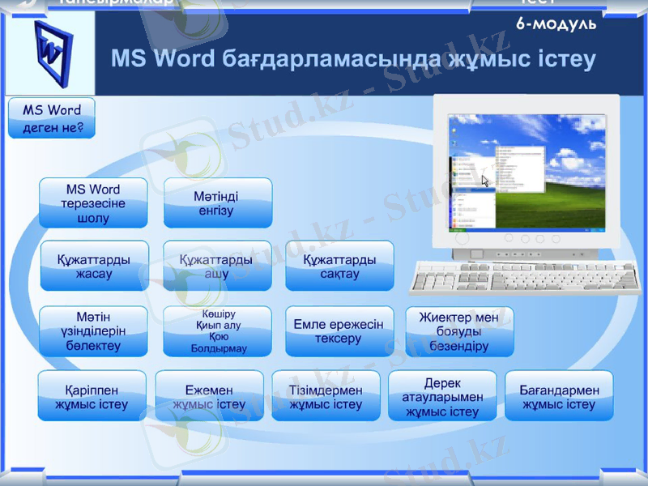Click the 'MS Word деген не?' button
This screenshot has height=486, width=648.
(52, 118)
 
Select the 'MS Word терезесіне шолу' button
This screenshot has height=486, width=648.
(93, 202)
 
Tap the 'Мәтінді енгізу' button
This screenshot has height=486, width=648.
(218, 202)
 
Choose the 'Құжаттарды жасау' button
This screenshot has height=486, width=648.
(94, 266)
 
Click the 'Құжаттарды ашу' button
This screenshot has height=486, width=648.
(216, 266)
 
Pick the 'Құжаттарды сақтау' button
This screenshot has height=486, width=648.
(339, 266)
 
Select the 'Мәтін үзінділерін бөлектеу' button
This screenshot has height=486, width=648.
(93, 330)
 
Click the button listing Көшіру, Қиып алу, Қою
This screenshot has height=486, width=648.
(216, 330)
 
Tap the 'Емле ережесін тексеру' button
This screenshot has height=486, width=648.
(339, 330)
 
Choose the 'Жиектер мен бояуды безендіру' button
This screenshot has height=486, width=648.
(459, 330)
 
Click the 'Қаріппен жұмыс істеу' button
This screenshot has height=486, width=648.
(92, 396)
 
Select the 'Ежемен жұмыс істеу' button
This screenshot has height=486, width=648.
(209, 396)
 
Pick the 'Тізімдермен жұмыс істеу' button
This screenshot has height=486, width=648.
(326, 396)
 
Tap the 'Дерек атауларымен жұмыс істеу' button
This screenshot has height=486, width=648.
(442, 396)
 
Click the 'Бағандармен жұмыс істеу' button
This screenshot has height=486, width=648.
(559, 396)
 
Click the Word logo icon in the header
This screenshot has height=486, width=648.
(50, 53)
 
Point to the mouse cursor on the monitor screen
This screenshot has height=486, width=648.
(486, 181)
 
